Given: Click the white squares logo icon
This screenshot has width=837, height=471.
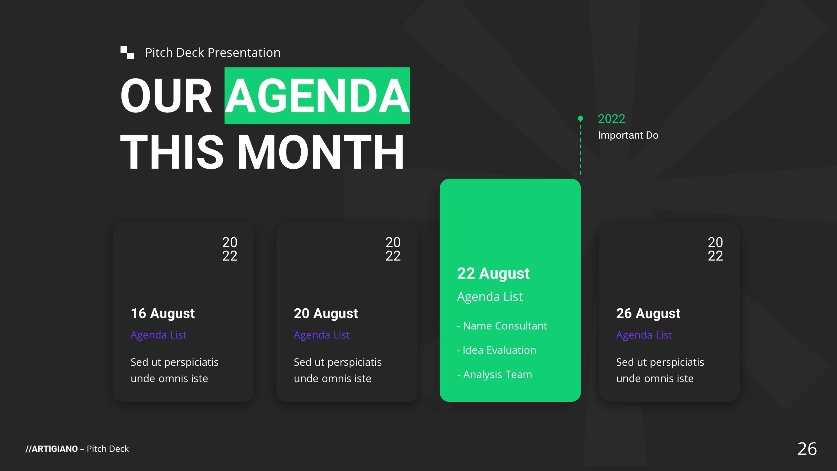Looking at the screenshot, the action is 127,53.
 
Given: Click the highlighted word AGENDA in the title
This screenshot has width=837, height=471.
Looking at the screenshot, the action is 317,96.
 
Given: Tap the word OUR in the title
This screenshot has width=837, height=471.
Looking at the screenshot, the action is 166,96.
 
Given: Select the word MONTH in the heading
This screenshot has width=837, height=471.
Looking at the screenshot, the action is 320,152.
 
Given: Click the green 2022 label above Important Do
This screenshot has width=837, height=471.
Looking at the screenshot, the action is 611,119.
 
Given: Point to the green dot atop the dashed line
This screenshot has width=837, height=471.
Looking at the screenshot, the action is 580,118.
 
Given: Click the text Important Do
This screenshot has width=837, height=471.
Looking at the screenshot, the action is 628,135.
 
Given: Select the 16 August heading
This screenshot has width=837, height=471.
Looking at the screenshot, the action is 163,314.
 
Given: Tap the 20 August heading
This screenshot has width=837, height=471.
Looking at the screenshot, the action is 325,314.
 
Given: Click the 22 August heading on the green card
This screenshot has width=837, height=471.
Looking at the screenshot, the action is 493,273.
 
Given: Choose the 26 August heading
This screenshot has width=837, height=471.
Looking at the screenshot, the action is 648,314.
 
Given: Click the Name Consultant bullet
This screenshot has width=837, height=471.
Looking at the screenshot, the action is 502,326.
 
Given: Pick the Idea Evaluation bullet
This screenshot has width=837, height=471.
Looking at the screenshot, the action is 496,350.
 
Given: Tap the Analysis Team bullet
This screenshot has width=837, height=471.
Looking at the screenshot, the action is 495,375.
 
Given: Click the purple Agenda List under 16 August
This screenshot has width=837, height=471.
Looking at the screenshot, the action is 158,335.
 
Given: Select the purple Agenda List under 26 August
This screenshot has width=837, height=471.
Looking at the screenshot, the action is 644,335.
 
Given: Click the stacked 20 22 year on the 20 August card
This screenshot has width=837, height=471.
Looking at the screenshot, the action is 393,249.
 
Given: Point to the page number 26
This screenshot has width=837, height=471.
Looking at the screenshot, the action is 807,449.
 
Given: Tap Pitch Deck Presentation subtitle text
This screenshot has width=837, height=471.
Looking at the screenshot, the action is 213,53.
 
